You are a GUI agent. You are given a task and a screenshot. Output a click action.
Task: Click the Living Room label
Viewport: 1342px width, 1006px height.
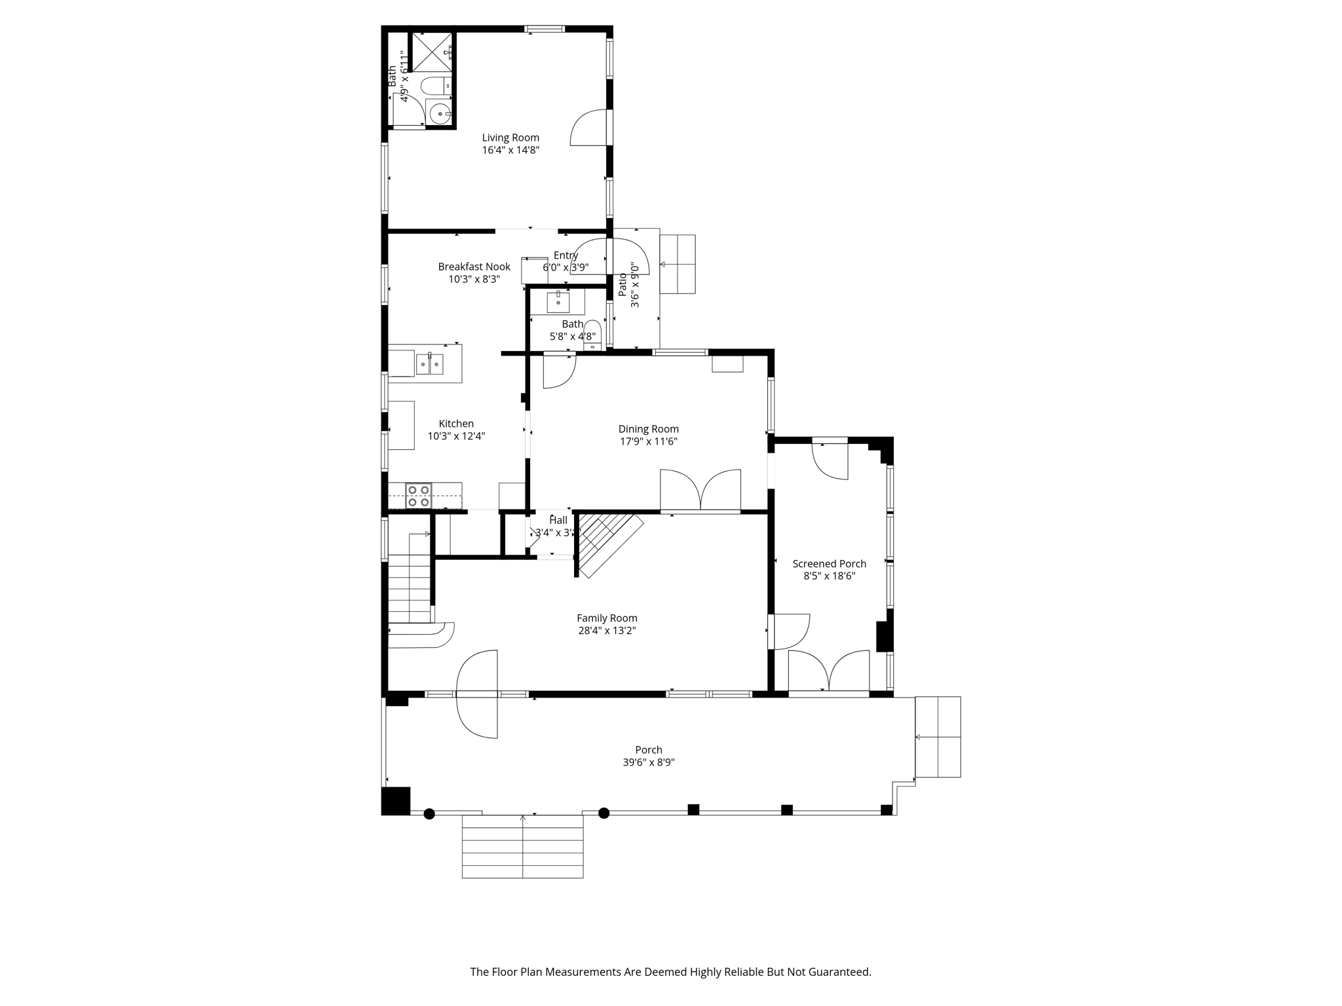[510, 138]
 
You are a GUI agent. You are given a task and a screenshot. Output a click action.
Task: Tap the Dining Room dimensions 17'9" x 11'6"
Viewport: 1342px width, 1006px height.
[648, 441]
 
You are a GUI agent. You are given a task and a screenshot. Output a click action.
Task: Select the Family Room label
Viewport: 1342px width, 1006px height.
[607, 618]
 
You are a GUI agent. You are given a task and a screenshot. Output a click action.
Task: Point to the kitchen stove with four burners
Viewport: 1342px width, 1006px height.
[418, 496]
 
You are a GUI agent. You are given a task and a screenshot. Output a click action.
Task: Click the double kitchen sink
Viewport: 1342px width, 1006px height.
[429, 363]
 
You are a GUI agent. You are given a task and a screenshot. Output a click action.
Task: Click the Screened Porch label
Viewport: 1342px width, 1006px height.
[829, 563]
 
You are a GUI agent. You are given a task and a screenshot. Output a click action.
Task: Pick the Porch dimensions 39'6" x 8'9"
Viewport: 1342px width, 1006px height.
[648, 762]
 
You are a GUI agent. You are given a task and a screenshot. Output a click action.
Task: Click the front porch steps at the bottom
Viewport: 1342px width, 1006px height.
[522, 846]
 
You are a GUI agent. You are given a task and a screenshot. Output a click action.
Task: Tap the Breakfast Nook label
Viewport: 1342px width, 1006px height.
[474, 267]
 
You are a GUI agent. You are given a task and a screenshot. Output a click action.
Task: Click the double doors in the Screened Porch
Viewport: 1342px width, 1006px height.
[829, 671]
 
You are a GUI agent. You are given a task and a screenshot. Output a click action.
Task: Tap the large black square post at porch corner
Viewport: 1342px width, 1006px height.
[396, 801]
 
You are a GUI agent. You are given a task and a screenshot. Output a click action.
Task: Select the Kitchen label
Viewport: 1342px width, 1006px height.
[456, 424]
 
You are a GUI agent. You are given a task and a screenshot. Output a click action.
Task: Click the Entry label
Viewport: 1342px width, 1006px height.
[566, 255]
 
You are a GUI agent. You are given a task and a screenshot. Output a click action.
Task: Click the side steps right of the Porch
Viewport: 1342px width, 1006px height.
[938, 737]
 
